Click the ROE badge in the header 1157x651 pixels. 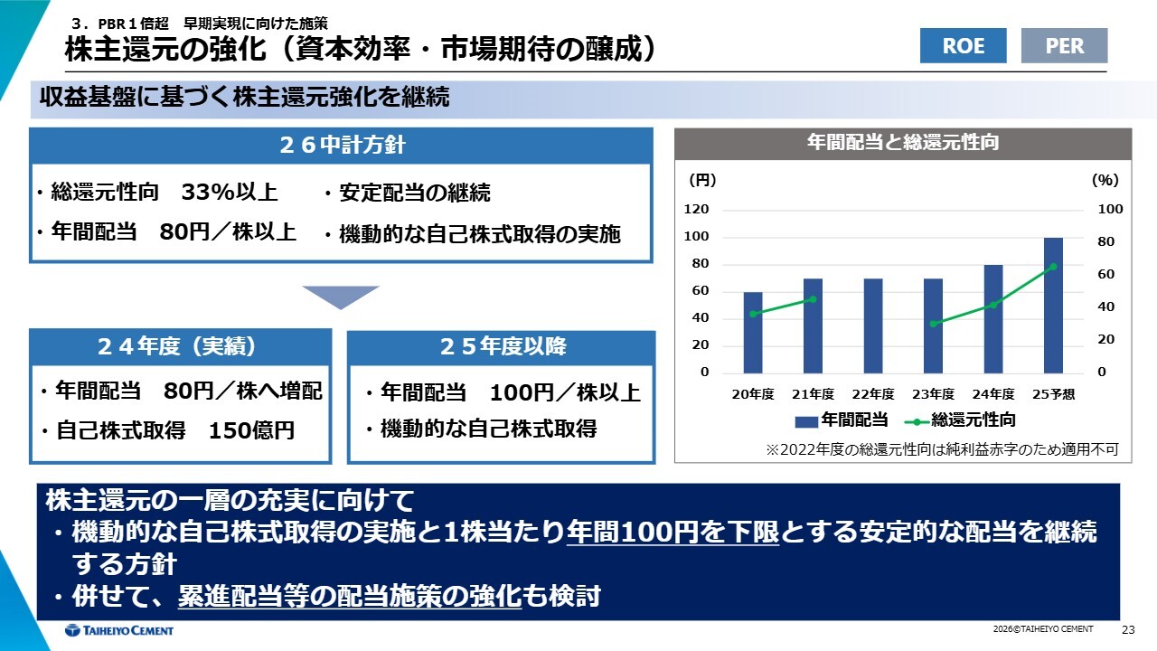click(x=963, y=45)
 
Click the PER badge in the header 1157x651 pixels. click(x=1064, y=45)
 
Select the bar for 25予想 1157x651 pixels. click(x=1053, y=306)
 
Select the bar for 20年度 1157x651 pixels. click(x=753, y=333)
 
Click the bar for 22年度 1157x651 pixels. click(x=873, y=326)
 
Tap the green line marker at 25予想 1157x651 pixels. click(x=1054, y=267)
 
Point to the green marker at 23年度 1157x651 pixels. click(x=933, y=324)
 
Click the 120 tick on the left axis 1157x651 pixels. click(x=696, y=209)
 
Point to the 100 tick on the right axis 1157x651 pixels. click(x=1110, y=209)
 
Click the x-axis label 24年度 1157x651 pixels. click(x=993, y=394)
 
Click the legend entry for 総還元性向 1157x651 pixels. click(x=960, y=420)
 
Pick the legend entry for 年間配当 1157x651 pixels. click(x=841, y=420)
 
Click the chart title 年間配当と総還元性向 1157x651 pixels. click(x=903, y=142)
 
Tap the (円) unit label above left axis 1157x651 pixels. click(x=702, y=180)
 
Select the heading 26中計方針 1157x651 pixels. click(x=342, y=145)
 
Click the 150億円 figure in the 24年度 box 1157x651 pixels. click(x=251, y=430)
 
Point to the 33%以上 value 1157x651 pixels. click(x=230, y=193)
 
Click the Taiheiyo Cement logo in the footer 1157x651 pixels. click(x=118, y=630)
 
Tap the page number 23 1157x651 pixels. click(x=1128, y=630)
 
